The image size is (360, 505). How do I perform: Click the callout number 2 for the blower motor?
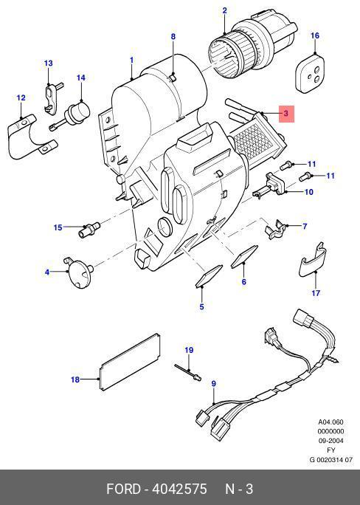[x=224, y=10]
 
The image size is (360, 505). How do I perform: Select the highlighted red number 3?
[x=286, y=114]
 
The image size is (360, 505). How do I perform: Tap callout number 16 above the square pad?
[x=315, y=35]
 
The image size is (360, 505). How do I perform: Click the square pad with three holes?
[x=310, y=74]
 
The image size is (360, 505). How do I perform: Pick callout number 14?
[x=80, y=78]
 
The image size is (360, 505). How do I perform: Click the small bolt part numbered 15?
[x=89, y=229]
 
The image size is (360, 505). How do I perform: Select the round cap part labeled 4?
[x=78, y=272]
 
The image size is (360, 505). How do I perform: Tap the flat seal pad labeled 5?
[x=209, y=275]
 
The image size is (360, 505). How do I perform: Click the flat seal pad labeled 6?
[x=244, y=257]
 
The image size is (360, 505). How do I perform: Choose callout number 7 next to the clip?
[x=305, y=226]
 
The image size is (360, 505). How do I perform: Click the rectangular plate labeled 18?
[x=130, y=362]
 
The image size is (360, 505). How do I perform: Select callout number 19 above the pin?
[x=189, y=350]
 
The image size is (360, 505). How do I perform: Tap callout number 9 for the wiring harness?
[x=214, y=384]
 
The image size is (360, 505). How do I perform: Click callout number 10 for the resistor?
[x=309, y=192]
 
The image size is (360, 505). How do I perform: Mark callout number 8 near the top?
[x=173, y=36]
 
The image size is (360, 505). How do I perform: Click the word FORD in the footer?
[x=123, y=489]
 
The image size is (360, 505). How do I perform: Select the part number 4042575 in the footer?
[x=179, y=489]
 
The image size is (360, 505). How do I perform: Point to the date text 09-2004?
[x=330, y=441]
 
